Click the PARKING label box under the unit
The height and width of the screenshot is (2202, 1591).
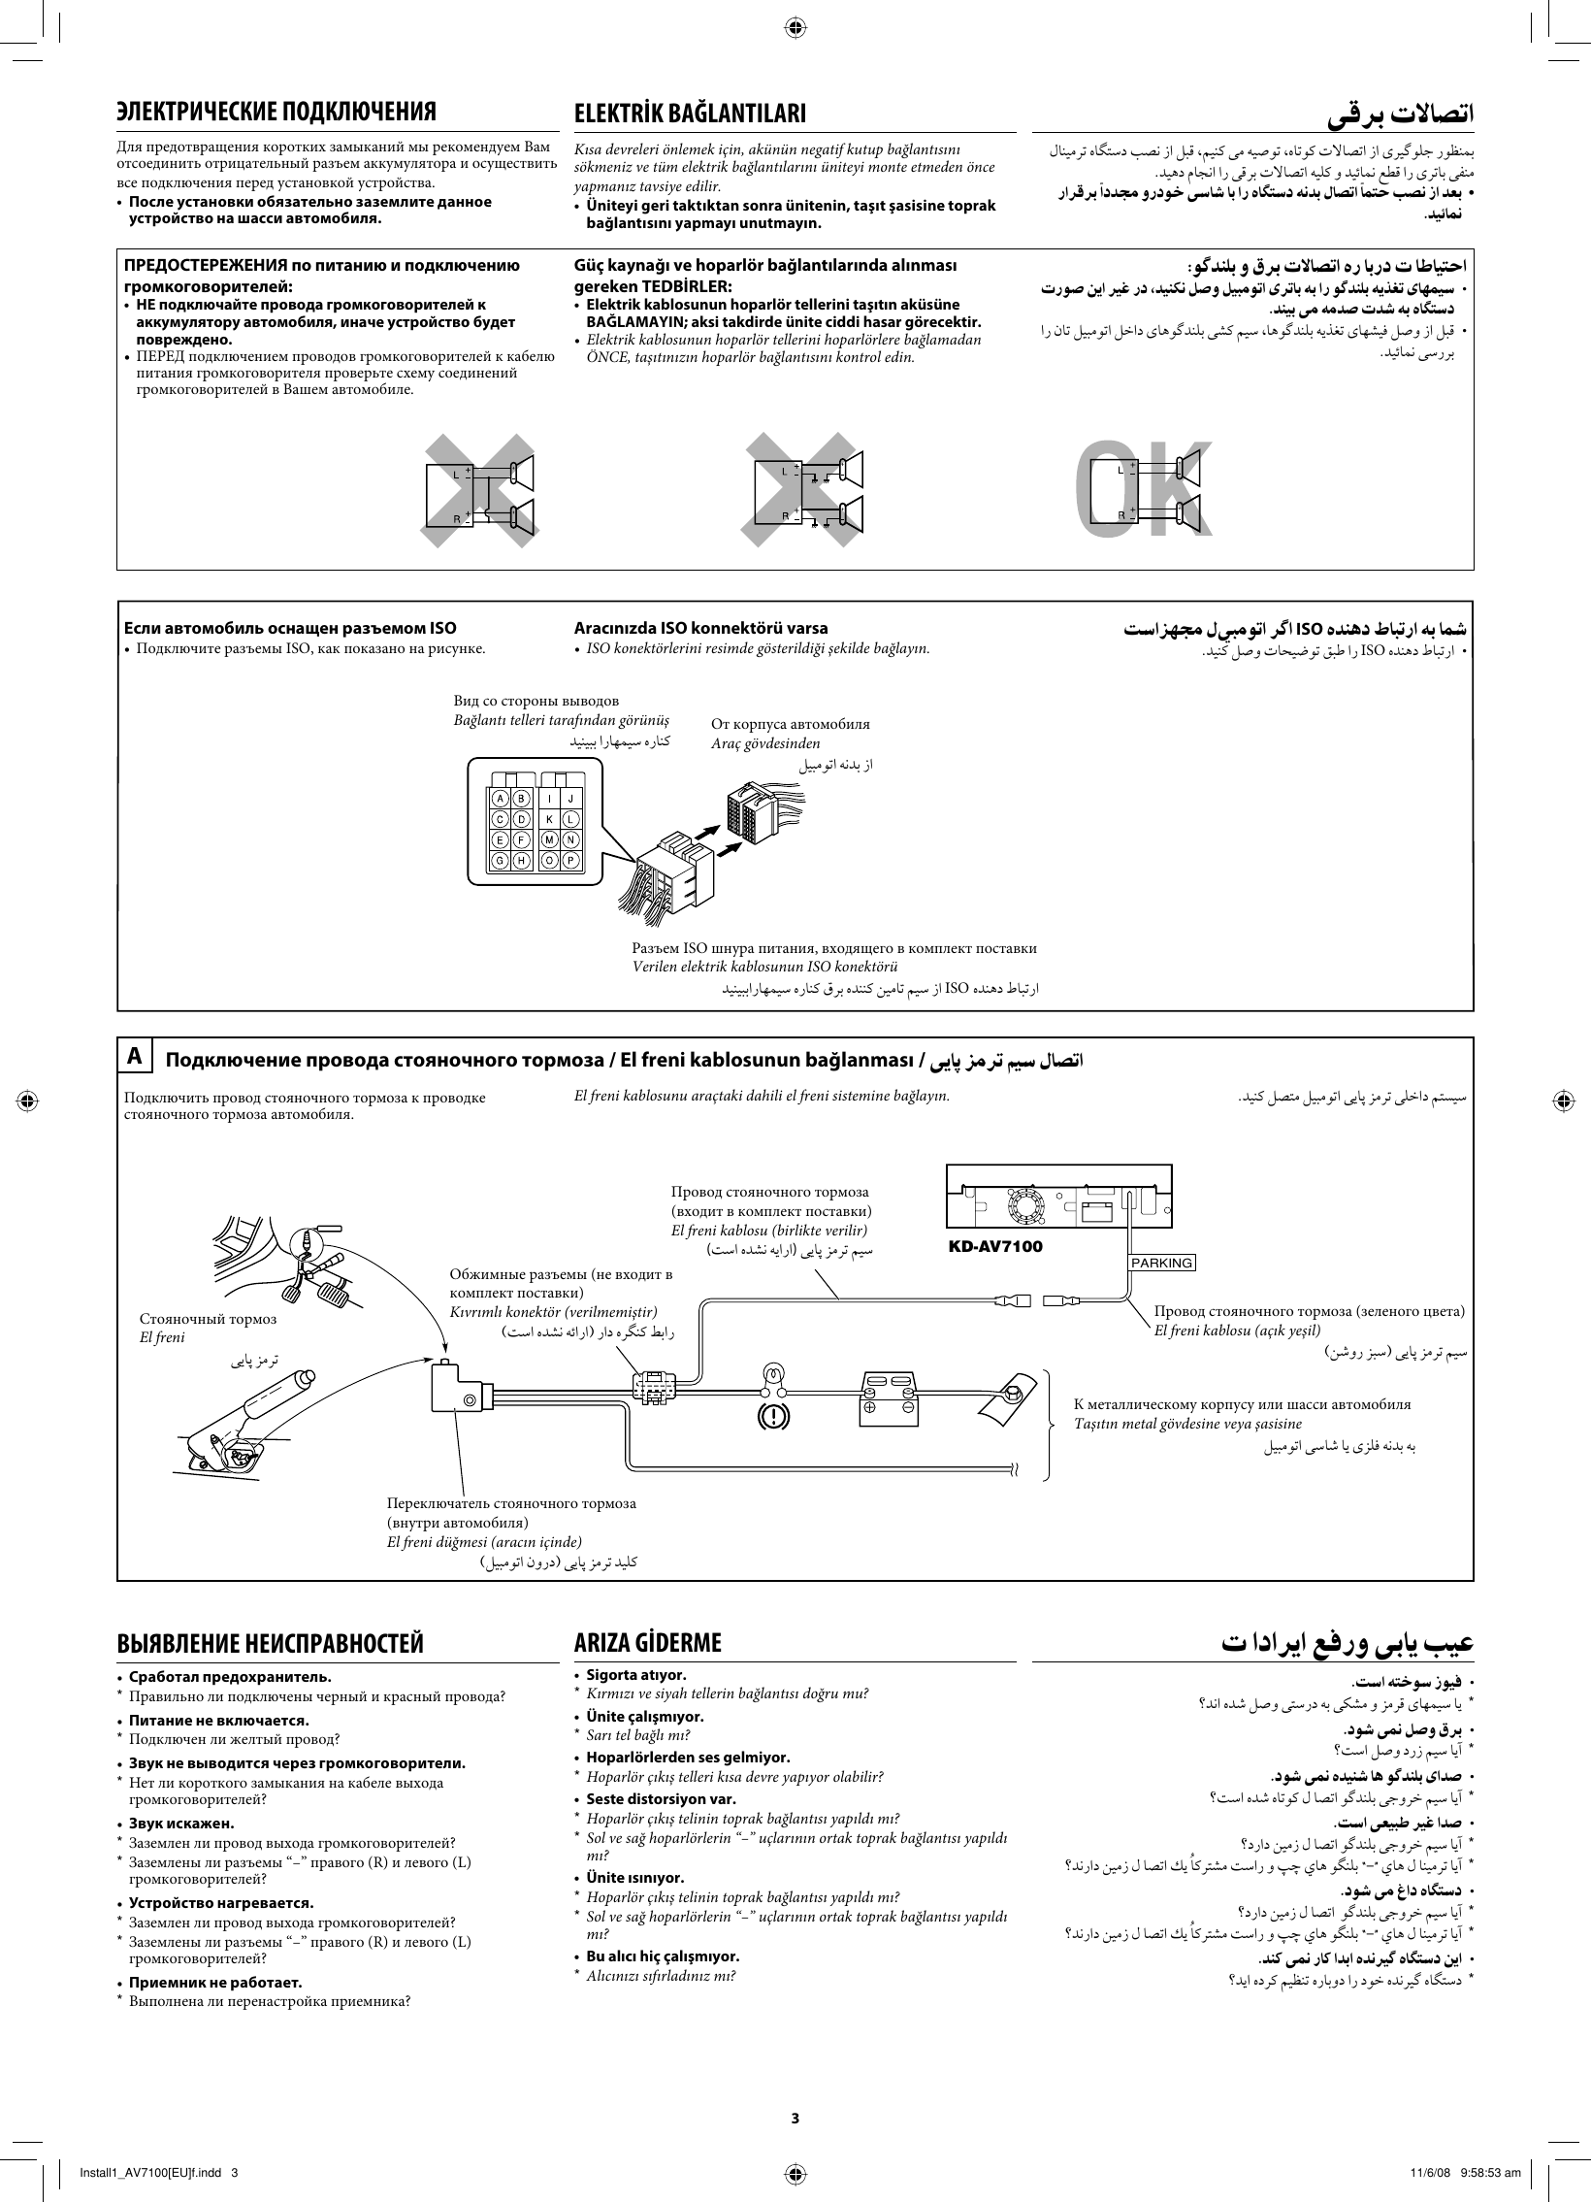click(1161, 1263)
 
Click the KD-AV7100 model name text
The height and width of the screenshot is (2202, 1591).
click(995, 1247)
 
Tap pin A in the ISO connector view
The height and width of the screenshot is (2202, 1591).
click(500, 798)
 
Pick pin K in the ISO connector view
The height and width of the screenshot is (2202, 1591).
click(549, 819)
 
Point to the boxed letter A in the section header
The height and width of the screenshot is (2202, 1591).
click(136, 1056)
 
